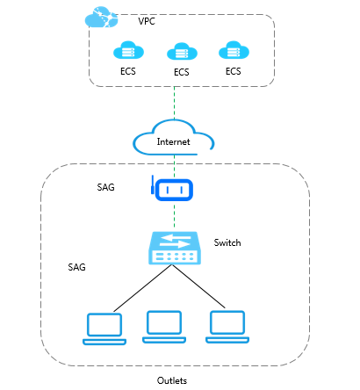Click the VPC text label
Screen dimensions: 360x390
[147, 21]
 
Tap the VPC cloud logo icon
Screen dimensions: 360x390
[101, 17]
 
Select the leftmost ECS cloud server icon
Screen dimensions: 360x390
[128, 50]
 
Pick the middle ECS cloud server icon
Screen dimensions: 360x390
[182, 52]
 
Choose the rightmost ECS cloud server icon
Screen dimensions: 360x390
[234, 50]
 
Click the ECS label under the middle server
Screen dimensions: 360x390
[182, 72]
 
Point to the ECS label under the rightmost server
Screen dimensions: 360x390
[234, 71]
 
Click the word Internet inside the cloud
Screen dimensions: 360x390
[173, 141]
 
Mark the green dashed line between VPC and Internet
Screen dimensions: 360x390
[175, 103]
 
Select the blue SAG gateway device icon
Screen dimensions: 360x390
[172, 189]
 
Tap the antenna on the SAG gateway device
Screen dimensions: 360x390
[153, 184]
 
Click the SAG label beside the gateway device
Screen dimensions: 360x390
[105, 187]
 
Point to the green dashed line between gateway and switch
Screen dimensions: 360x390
[175, 214]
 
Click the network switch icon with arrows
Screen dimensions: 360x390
[175, 248]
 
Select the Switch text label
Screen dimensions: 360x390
[227, 242]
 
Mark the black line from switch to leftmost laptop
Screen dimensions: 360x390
[142, 288]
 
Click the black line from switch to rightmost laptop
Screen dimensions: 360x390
[198, 286]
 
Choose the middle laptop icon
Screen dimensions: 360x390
[164, 327]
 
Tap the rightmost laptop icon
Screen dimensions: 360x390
[227, 327]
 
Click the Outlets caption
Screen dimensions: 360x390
[172, 380]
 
